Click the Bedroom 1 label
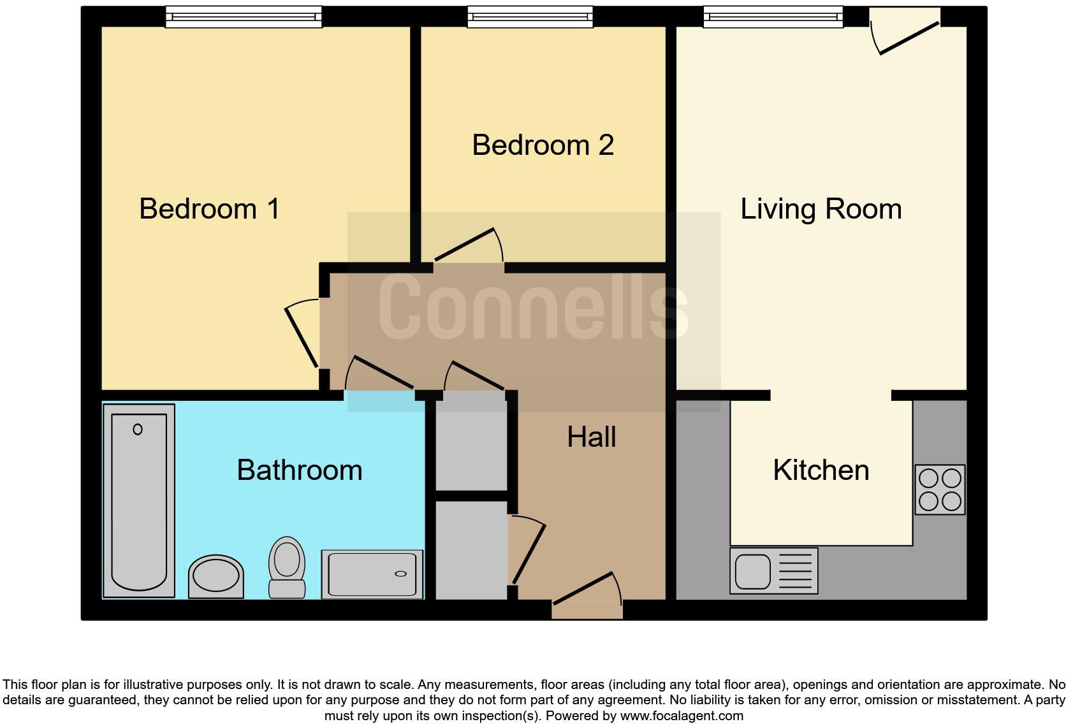209,209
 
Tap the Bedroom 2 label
543,145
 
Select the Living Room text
821,209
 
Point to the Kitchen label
821,470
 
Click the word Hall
591,437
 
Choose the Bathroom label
299,470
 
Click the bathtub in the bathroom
139,501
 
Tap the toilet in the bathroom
286,566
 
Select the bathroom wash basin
216,576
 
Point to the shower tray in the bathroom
372,574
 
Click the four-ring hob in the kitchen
940,489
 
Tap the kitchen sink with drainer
773,570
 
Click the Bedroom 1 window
244,17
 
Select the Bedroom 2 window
530,17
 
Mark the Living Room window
773,17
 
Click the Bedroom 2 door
469,249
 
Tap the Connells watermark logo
533,307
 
